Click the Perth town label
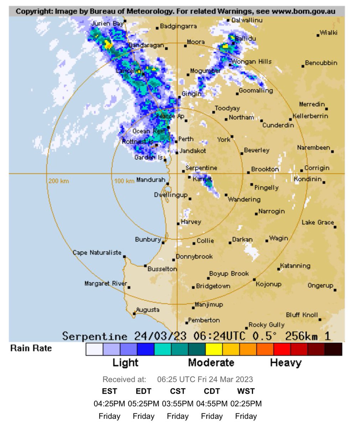(x=186, y=139)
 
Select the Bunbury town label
(x=148, y=239)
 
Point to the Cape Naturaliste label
(x=97, y=253)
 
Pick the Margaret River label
(x=106, y=284)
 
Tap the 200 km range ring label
(x=59, y=181)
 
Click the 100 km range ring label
(x=124, y=181)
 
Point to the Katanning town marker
(x=279, y=269)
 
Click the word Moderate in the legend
(x=211, y=363)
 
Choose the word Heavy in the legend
(x=286, y=363)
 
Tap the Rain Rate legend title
(x=31, y=348)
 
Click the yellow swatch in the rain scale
(x=214, y=349)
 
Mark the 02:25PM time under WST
(x=246, y=404)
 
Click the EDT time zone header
(x=143, y=391)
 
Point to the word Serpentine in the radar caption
(x=94, y=336)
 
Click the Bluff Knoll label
(x=302, y=315)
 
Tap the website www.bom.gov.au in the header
(x=303, y=11)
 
